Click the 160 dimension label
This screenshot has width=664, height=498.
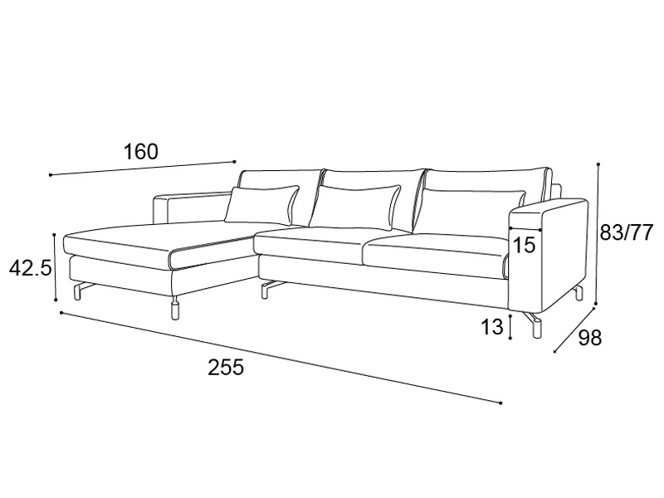tap(140, 152)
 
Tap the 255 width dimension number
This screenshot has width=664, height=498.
tap(226, 367)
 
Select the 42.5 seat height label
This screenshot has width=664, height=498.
tap(31, 268)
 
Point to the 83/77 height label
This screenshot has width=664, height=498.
tap(627, 232)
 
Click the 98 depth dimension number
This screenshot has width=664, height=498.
tap(589, 338)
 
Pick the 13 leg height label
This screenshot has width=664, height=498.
tap(491, 327)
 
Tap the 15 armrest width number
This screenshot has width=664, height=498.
tap(524, 245)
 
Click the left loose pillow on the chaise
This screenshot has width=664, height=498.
tap(261, 205)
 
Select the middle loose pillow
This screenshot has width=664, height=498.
tap(354, 206)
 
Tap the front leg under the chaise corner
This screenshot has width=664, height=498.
tap(174, 309)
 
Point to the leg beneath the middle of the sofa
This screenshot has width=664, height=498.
tap(267, 289)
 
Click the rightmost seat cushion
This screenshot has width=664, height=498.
tap(437, 256)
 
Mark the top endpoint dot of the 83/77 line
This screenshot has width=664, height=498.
tap(598, 164)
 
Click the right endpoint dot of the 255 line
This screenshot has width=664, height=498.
tap(501, 403)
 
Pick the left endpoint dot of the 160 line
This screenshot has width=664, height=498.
tap(51, 175)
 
